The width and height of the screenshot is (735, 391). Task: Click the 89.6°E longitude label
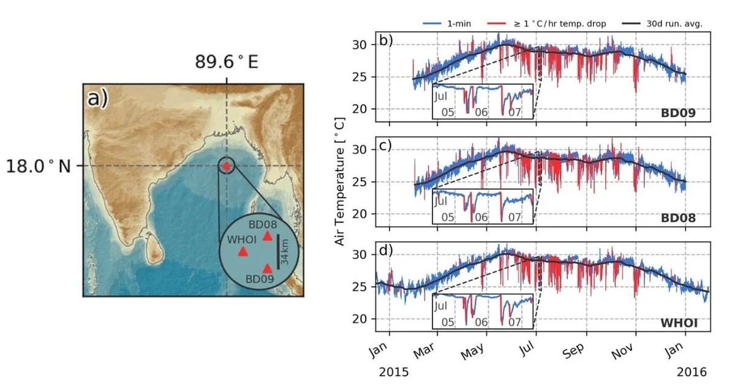(x=227, y=62)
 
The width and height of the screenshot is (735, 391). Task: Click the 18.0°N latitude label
(x=39, y=166)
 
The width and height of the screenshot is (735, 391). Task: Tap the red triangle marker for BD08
(x=267, y=236)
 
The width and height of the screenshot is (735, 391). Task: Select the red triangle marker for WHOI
(x=243, y=251)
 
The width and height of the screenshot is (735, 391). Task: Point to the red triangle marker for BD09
(x=267, y=268)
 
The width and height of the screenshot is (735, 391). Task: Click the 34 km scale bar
(x=278, y=251)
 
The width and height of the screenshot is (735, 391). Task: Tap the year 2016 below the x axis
(x=691, y=372)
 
